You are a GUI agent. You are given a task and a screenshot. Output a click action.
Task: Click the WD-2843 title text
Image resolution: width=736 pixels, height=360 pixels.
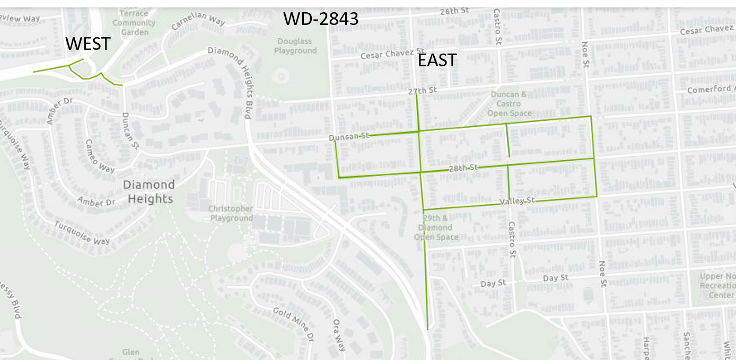(x=321, y=19)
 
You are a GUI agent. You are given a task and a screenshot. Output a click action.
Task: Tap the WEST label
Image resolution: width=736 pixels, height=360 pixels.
(x=88, y=44)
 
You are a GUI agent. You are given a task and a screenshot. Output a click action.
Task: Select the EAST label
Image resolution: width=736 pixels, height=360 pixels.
(x=437, y=60)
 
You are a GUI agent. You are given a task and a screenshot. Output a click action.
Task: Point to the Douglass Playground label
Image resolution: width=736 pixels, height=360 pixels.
(x=295, y=46)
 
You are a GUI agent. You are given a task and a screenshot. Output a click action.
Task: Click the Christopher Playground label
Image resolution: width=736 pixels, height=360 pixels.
(x=231, y=213)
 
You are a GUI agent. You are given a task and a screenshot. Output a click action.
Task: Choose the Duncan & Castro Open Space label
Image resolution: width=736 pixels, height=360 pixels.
(x=509, y=104)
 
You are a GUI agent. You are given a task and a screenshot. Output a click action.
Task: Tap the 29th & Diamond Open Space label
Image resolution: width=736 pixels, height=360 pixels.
(x=436, y=227)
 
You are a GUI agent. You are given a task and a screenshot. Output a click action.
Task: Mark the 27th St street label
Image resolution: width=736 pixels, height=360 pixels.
(x=422, y=91)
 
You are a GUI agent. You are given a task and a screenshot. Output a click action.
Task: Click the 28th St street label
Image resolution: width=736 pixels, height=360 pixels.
(x=463, y=168)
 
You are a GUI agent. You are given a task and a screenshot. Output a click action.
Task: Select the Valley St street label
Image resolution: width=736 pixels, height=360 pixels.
(x=518, y=201)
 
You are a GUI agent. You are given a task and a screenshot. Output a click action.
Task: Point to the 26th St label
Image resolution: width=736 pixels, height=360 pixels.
(x=454, y=11)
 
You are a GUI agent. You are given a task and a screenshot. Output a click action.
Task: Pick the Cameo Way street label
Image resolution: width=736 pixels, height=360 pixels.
(x=100, y=155)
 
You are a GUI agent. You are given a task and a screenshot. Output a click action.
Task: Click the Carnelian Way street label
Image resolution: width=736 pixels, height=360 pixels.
(x=198, y=20)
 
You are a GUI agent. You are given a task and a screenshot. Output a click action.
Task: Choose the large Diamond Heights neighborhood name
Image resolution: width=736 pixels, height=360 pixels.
(x=148, y=192)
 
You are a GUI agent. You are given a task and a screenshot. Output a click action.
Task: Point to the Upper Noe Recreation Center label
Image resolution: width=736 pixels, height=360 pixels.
(x=717, y=285)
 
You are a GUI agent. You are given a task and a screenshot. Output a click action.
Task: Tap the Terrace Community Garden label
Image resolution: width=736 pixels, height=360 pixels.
(x=134, y=23)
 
